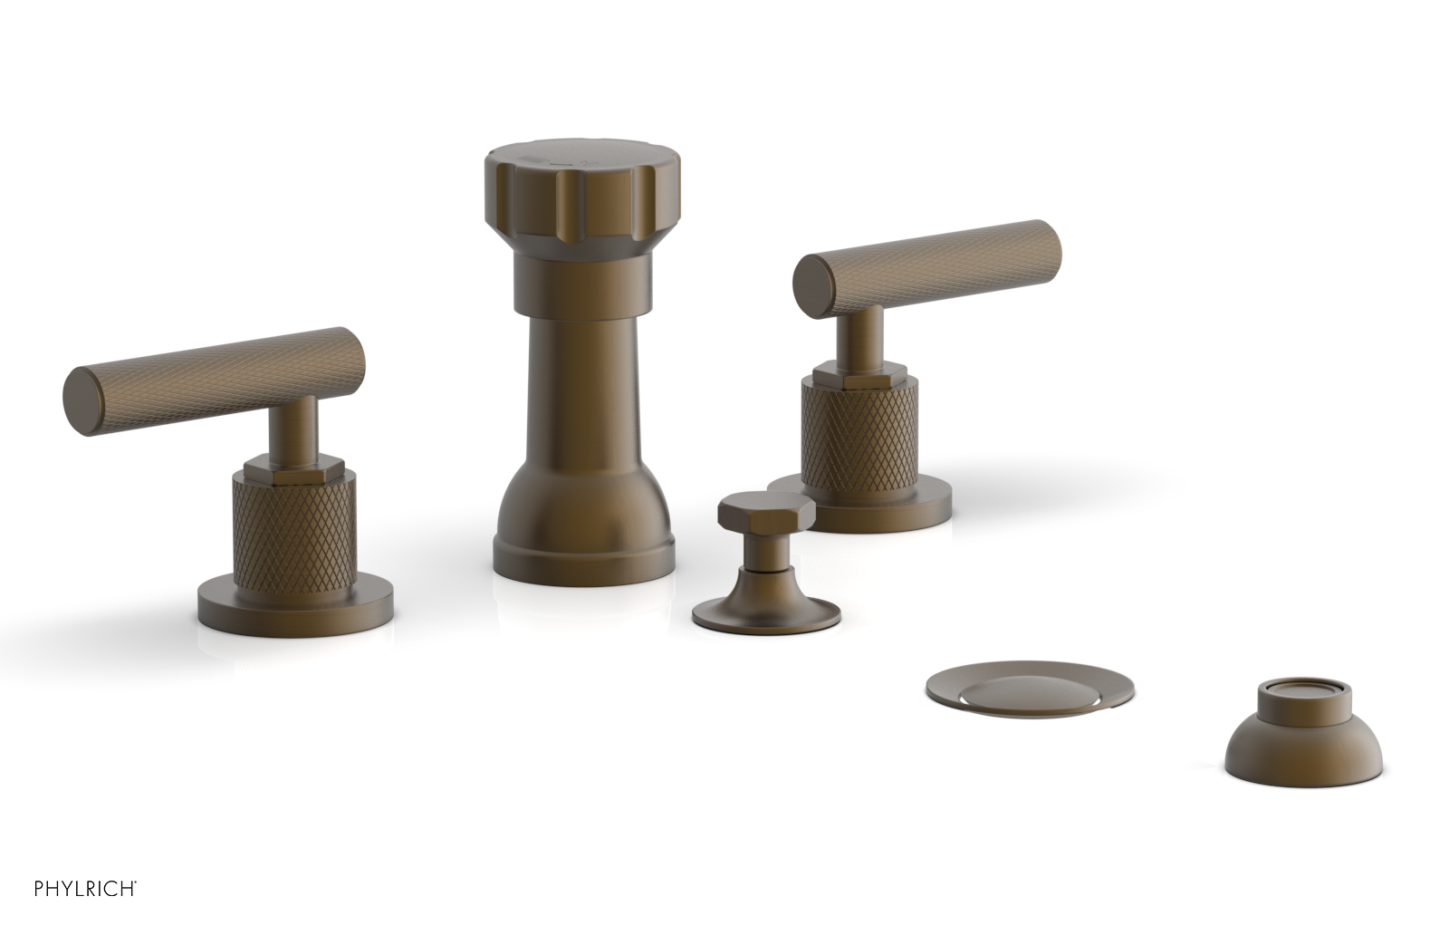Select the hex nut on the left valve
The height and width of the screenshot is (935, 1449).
pos(294,467)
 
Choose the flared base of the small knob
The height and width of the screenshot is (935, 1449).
pos(766,612)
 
